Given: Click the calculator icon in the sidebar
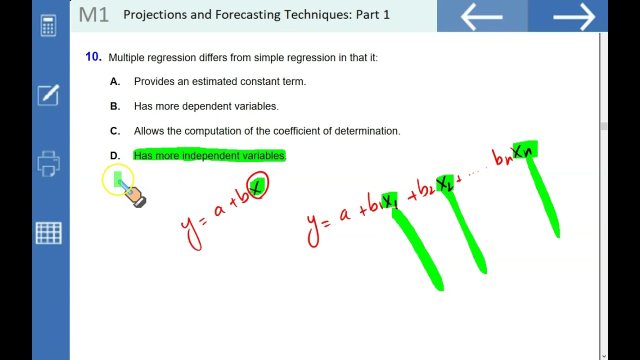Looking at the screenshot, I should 48,25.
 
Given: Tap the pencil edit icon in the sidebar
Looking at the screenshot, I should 48,95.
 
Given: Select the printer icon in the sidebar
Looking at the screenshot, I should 48,163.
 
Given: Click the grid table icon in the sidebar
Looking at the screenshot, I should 48,233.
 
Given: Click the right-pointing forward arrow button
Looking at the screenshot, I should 573,16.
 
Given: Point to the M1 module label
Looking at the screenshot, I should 93,15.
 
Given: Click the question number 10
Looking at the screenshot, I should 93,57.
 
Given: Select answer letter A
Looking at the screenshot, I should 115,81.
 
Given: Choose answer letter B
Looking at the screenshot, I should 115,106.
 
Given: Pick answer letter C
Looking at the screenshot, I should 115,131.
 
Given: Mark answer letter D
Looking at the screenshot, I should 115,156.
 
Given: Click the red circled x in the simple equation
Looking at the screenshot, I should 258,186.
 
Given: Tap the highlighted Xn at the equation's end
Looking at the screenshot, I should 524,150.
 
